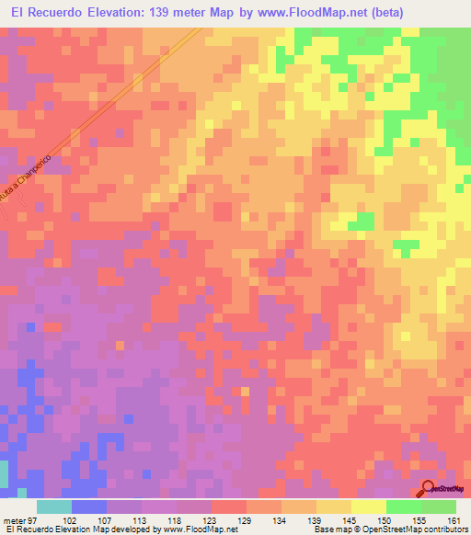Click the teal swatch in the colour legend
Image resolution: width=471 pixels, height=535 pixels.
click(x=54, y=507)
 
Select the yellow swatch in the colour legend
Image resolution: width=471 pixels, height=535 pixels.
click(x=369, y=507)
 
